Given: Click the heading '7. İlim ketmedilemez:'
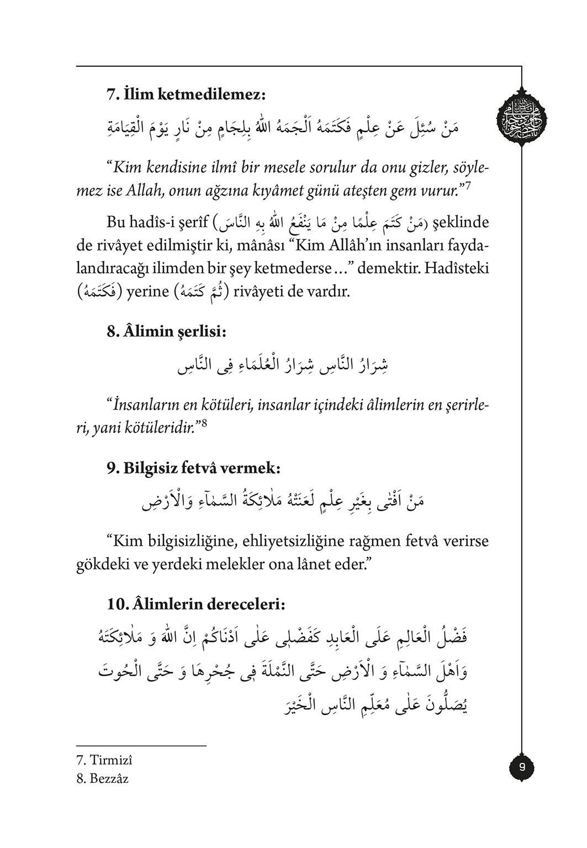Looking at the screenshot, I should (x=186, y=94).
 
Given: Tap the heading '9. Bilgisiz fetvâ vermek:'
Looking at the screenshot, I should (x=194, y=469).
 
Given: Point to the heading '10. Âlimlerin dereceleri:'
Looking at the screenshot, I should (x=196, y=605).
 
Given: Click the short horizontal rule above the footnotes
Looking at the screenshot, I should (x=141, y=746).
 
